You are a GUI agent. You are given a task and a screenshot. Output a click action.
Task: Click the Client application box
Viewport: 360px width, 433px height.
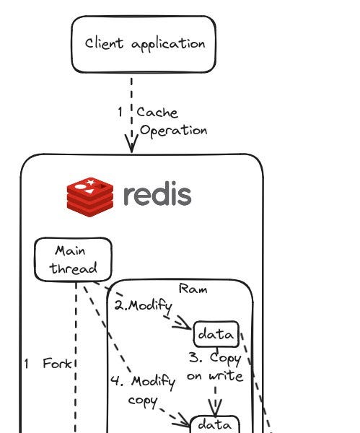coord(143,44)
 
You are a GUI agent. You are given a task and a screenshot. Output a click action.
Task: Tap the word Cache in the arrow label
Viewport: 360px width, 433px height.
coord(157,113)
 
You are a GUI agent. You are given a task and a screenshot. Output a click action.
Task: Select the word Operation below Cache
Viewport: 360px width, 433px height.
coord(173,131)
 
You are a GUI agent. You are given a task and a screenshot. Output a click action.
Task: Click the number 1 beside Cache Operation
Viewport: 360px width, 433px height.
coord(120,113)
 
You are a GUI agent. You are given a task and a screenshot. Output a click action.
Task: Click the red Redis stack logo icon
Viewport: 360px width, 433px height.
coord(90,196)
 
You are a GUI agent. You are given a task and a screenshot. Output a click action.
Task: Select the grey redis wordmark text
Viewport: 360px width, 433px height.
coord(157,196)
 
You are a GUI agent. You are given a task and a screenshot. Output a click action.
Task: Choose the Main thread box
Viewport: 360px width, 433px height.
coord(73,260)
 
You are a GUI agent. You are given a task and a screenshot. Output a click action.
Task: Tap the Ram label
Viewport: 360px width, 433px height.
coord(193,289)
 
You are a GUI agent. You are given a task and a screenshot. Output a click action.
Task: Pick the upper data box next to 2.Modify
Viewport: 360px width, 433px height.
coord(216,335)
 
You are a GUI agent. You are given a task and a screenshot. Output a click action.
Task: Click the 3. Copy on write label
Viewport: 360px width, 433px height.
coord(214,367)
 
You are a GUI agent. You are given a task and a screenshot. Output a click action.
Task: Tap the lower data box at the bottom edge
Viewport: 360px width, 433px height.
coord(214,425)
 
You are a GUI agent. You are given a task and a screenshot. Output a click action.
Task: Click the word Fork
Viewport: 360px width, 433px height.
coord(58,364)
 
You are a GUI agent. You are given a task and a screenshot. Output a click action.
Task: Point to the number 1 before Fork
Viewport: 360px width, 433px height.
coord(27,364)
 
